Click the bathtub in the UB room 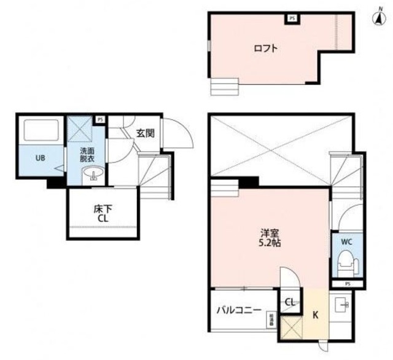point(41,130)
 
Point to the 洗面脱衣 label point(87,155)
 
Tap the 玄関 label point(145,132)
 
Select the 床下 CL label point(102,213)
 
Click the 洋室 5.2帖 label point(270,238)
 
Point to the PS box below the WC point(347,283)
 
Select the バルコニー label point(239,310)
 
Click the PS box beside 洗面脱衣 point(99,119)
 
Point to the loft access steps point(224,86)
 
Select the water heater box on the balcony point(270,319)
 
